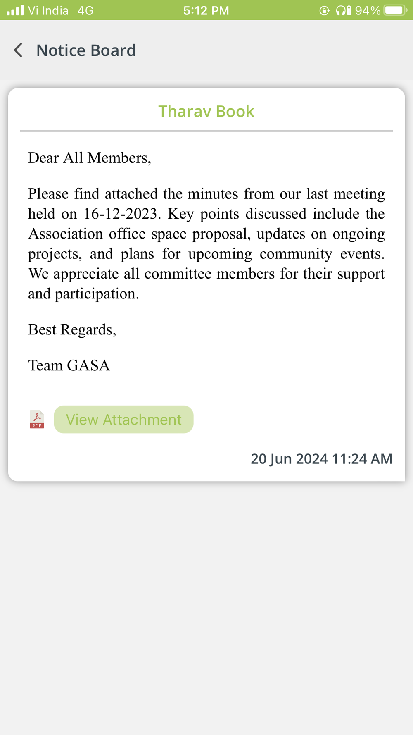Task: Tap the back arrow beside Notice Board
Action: pyautogui.click(x=18, y=50)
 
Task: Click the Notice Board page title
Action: pyautogui.click(x=86, y=50)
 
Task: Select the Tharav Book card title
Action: pyautogui.click(x=206, y=111)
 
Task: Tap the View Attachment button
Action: pyautogui.click(x=123, y=419)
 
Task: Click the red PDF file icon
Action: pyautogui.click(x=37, y=419)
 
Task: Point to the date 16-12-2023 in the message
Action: pyautogui.click(x=120, y=214)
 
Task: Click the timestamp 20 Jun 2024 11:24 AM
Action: pyautogui.click(x=321, y=458)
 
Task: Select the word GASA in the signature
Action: pyautogui.click(x=88, y=365)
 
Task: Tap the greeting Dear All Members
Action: pyautogui.click(x=89, y=158)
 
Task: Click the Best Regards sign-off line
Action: pyautogui.click(x=72, y=329)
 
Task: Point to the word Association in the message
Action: pyautogui.click(x=66, y=234)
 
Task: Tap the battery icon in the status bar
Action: pyautogui.click(x=395, y=10)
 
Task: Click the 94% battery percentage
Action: pyautogui.click(x=367, y=10)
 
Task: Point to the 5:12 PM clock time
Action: pyautogui.click(x=206, y=10)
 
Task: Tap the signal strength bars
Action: pyautogui.click(x=15, y=10)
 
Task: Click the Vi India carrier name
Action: pyautogui.click(x=48, y=10)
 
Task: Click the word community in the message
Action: pyautogui.click(x=296, y=254)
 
